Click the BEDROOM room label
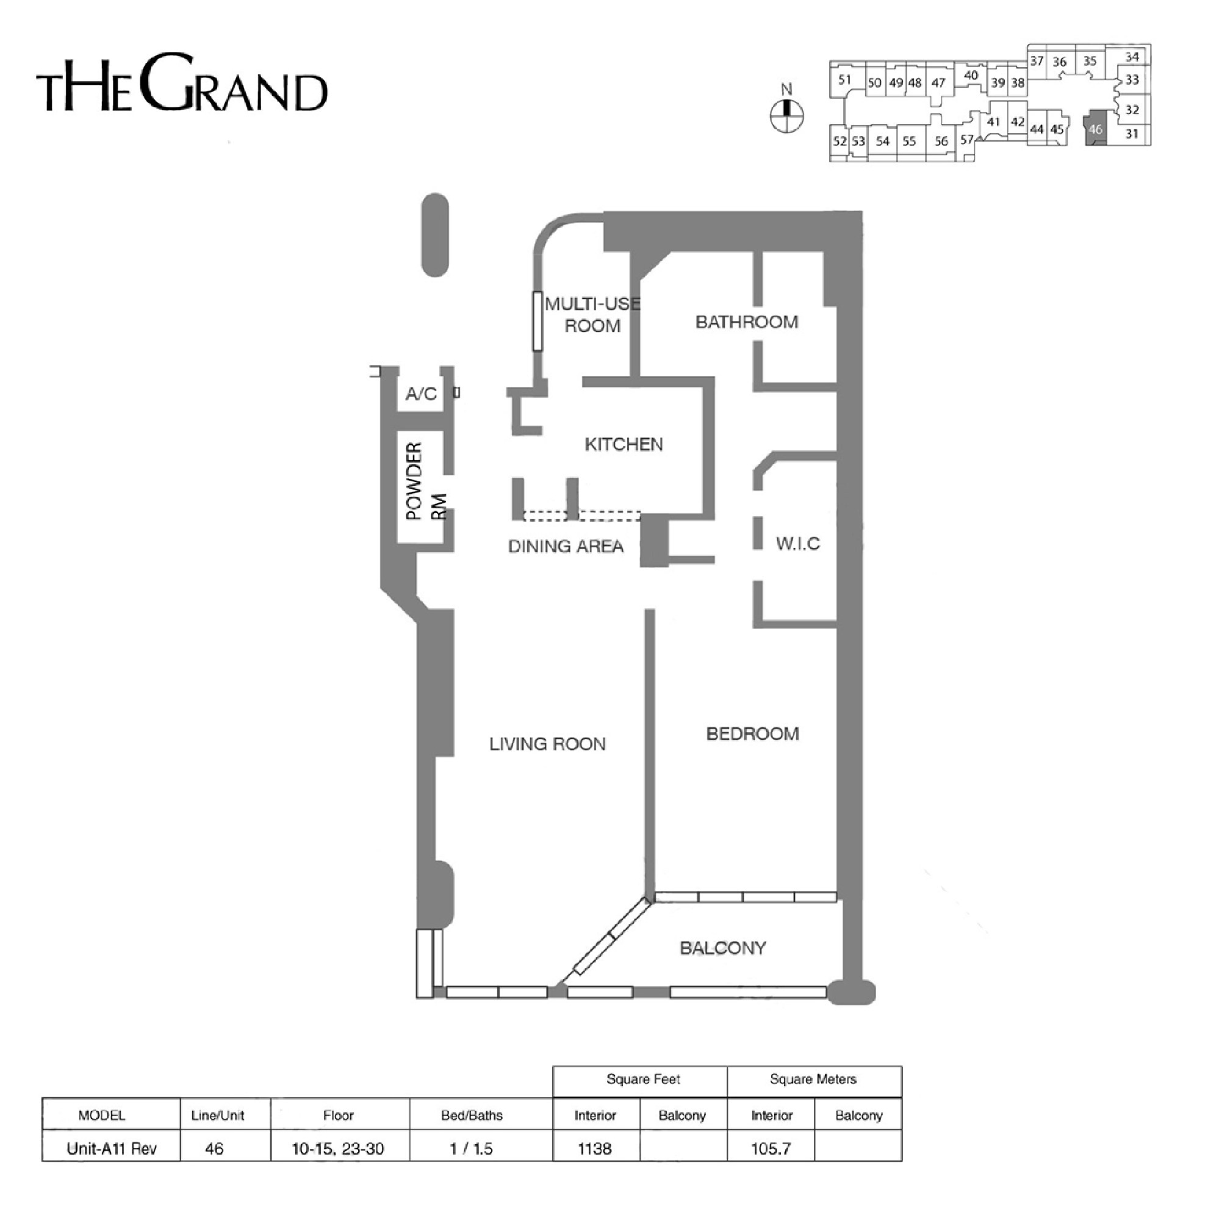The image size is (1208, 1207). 752,733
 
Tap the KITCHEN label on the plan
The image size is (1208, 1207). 624,445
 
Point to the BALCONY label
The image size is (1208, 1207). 723,948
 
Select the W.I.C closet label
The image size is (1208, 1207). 798,544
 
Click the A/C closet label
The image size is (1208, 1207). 421,394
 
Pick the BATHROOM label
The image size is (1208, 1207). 747,322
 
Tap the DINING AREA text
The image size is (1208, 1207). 566,547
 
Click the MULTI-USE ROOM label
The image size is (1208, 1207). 592,315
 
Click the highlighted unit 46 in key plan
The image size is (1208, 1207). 1095,128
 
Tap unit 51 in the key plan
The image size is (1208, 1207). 845,79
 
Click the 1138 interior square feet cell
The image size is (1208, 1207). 595,1148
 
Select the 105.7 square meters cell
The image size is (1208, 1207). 771,1148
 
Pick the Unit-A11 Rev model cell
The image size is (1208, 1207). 111,1148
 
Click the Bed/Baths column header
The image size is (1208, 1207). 472,1115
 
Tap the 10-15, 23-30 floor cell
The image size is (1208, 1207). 338,1148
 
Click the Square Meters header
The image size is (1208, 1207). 813,1079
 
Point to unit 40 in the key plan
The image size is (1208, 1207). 971,76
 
